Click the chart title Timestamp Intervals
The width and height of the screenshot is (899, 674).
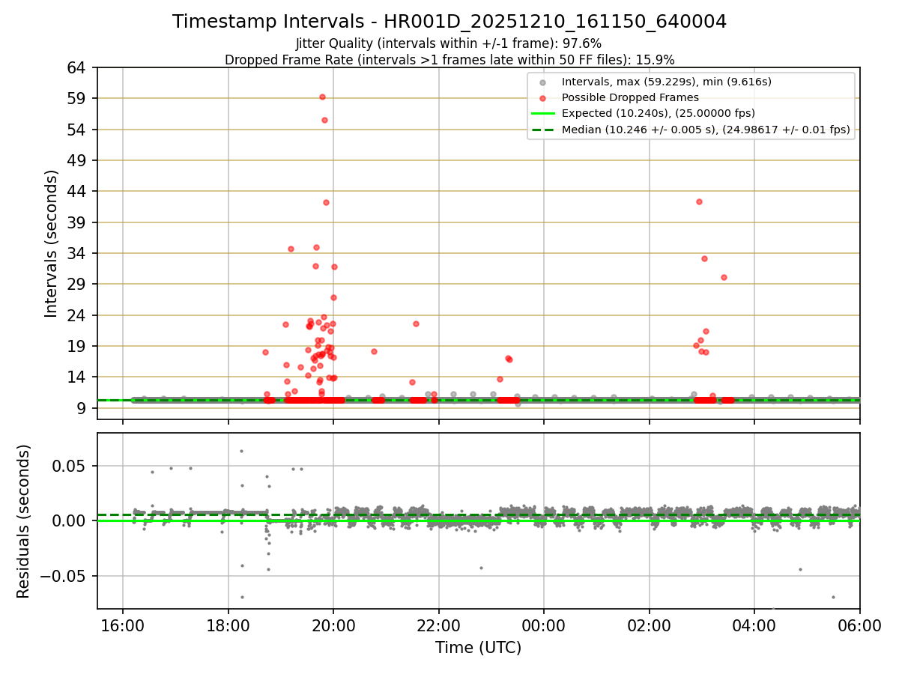pyautogui.click(x=449, y=22)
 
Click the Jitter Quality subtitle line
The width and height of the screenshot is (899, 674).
pyautogui.click(x=449, y=43)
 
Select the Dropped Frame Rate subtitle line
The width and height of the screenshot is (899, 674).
pyautogui.click(x=449, y=59)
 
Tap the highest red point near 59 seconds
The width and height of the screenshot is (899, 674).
pyautogui.click(x=322, y=97)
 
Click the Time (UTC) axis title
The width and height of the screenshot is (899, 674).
pyautogui.click(x=478, y=648)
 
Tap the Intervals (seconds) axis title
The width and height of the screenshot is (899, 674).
pyautogui.click(x=51, y=243)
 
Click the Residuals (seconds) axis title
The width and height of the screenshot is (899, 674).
pyautogui.click(x=24, y=521)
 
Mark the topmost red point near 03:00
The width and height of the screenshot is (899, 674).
pyautogui.click(x=699, y=201)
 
